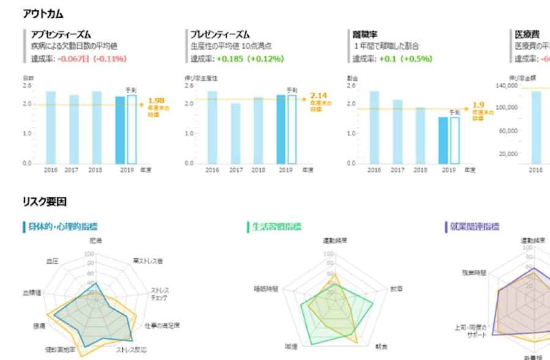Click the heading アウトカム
[x=43, y=13]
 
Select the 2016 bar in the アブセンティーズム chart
[x=51, y=127]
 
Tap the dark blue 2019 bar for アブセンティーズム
[x=120, y=130]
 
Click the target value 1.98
[x=156, y=100]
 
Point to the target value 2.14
[x=318, y=95]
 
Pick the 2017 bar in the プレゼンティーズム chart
[x=235, y=133]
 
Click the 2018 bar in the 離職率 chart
[x=420, y=135]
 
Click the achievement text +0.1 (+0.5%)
[x=405, y=59]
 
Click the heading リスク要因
[x=44, y=200]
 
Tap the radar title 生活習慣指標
[x=277, y=227]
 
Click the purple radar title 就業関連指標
[x=474, y=227]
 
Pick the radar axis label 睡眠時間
[x=266, y=288]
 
